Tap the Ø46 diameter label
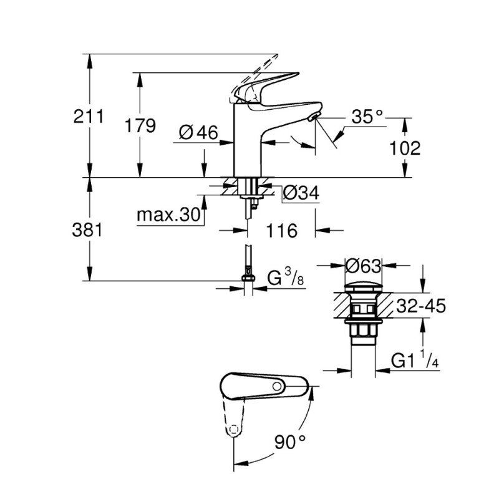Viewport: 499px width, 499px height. point(198,132)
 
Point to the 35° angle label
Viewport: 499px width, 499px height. point(367,116)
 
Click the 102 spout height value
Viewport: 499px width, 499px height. point(406,148)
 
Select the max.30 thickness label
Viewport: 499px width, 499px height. point(168,215)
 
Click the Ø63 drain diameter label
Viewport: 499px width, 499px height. point(362,266)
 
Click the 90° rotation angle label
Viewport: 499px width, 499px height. point(291,443)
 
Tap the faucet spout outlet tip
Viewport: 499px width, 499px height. point(314,117)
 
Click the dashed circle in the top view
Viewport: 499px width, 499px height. point(233,430)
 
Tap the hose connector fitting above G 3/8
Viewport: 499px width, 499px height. point(249,273)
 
